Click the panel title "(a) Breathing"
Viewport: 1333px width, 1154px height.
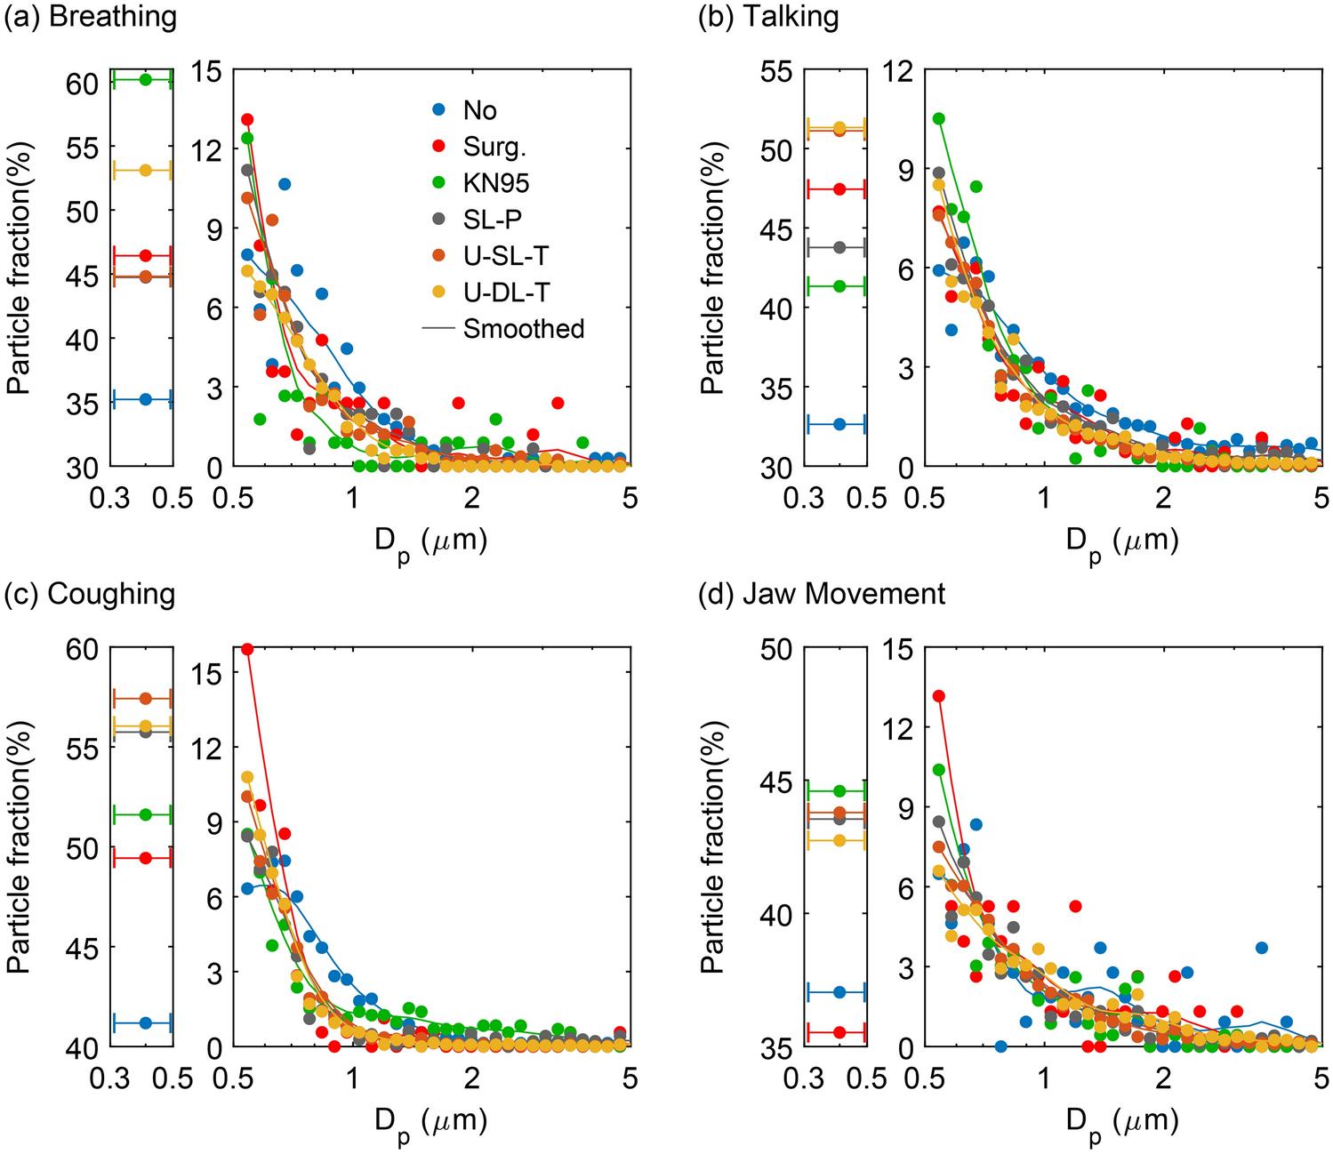coord(90,17)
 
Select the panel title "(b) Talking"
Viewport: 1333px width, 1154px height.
coord(768,17)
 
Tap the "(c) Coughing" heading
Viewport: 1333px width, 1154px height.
coord(90,594)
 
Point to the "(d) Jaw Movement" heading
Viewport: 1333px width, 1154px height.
coord(821,594)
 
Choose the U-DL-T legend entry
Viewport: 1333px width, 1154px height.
coord(504,293)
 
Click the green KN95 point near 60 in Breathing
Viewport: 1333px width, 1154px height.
coord(146,80)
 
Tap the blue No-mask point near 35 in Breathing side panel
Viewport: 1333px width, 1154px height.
coord(146,400)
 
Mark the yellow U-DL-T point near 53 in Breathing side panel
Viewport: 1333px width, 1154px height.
coord(146,170)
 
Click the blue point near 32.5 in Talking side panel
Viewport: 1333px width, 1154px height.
coord(839,424)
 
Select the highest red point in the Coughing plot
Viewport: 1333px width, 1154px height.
coord(247,649)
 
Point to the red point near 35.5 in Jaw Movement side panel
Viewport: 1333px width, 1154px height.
coord(839,1032)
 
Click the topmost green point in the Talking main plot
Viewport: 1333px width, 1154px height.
coord(938,118)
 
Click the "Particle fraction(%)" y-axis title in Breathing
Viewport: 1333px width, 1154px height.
coord(20,268)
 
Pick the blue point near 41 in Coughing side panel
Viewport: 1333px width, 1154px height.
coord(146,1023)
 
